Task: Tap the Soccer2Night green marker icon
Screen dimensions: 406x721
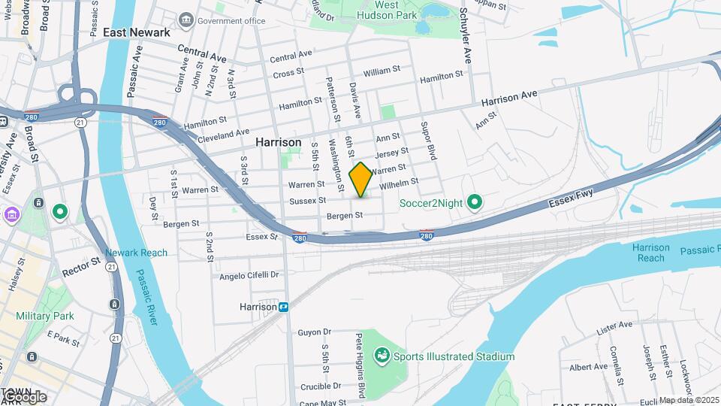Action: (474, 201)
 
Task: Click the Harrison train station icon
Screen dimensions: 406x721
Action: (284, 307)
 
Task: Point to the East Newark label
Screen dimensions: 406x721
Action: (137, 32)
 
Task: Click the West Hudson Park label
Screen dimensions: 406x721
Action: (387, 9)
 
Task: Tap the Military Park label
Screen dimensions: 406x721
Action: (44, 316)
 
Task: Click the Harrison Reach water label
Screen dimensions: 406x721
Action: (650, 253)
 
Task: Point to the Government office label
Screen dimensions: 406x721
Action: (231, 21)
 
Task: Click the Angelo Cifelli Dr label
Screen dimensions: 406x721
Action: (249, 276)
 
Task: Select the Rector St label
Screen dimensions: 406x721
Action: (81, 267)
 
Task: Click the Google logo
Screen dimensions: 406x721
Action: (24, 396)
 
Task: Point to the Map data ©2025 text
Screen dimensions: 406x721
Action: (689, 400)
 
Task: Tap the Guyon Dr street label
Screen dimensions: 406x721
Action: (314, 332)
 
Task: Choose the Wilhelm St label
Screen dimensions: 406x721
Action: (398, 183)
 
